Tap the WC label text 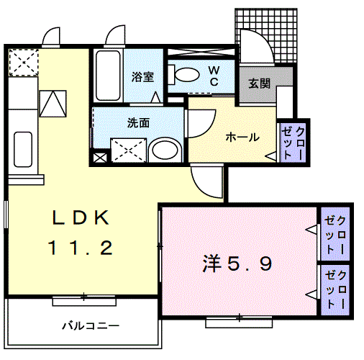click(214, 75)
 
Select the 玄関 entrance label click(260, 83)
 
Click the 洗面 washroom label click(138, 122)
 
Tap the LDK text click(81, 217)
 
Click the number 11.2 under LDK click(81, 249)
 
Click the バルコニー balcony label click(89, 326)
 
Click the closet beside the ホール click(293, 142)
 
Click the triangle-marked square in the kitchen click(53, 103)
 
